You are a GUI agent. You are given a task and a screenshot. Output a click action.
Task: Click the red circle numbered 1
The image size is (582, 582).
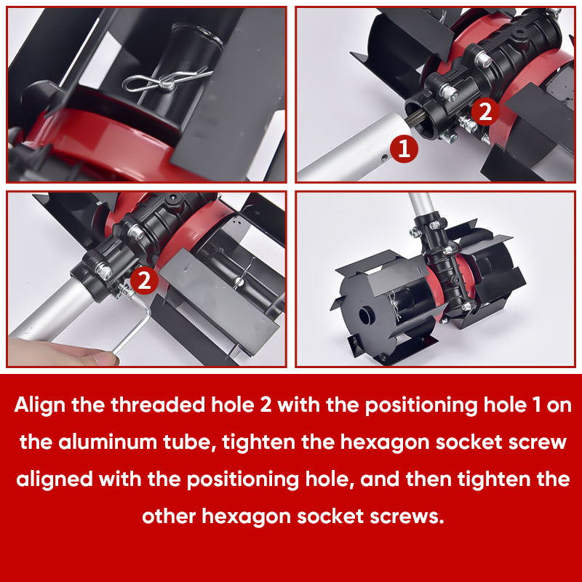(x=404, y=148)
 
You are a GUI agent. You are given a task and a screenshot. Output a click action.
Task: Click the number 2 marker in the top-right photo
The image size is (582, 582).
(x=485, y=111)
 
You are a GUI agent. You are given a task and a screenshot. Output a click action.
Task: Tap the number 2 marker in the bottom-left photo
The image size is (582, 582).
(x=144, y=280)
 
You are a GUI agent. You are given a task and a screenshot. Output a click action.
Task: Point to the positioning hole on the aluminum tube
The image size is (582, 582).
(x=384, y=158)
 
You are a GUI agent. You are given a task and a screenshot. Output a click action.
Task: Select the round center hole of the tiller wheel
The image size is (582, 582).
(x=364, y=316)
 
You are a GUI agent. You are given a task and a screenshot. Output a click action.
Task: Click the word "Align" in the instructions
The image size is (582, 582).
(x=40, y=405)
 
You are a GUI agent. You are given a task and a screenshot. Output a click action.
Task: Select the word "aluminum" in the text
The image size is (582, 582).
(x=111, y=442)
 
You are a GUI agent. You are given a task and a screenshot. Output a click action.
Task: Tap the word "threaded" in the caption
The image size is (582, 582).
(x=157, y=404)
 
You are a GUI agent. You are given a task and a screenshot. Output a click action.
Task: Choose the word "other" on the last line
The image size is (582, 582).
(x=169, y=517)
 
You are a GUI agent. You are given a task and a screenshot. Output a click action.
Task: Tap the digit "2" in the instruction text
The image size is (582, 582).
(x=266, y=405)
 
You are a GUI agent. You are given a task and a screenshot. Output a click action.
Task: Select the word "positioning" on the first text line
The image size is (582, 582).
(x=421, y=405)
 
